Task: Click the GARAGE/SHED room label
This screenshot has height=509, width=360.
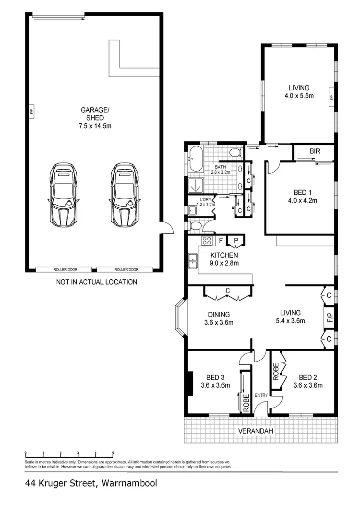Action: pos(95,114)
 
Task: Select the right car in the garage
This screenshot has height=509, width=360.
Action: pos(125,196)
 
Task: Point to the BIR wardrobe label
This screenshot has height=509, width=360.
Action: pos(315,151)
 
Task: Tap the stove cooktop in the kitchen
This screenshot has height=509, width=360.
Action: pos(207,240)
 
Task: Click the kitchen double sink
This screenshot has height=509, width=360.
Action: pos(193,260)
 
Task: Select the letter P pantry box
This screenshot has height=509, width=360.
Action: pos(236,241)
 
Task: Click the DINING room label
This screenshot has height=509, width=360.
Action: pos(205,314)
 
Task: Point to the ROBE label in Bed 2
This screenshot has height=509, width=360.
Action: pos(276,372)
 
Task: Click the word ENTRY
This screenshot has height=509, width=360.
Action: pos(262,395)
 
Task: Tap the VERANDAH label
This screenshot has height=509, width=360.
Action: pos(256,431)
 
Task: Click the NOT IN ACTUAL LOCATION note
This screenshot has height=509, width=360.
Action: pos(96,282)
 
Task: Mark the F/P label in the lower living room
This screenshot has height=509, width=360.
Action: pos(329,317)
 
